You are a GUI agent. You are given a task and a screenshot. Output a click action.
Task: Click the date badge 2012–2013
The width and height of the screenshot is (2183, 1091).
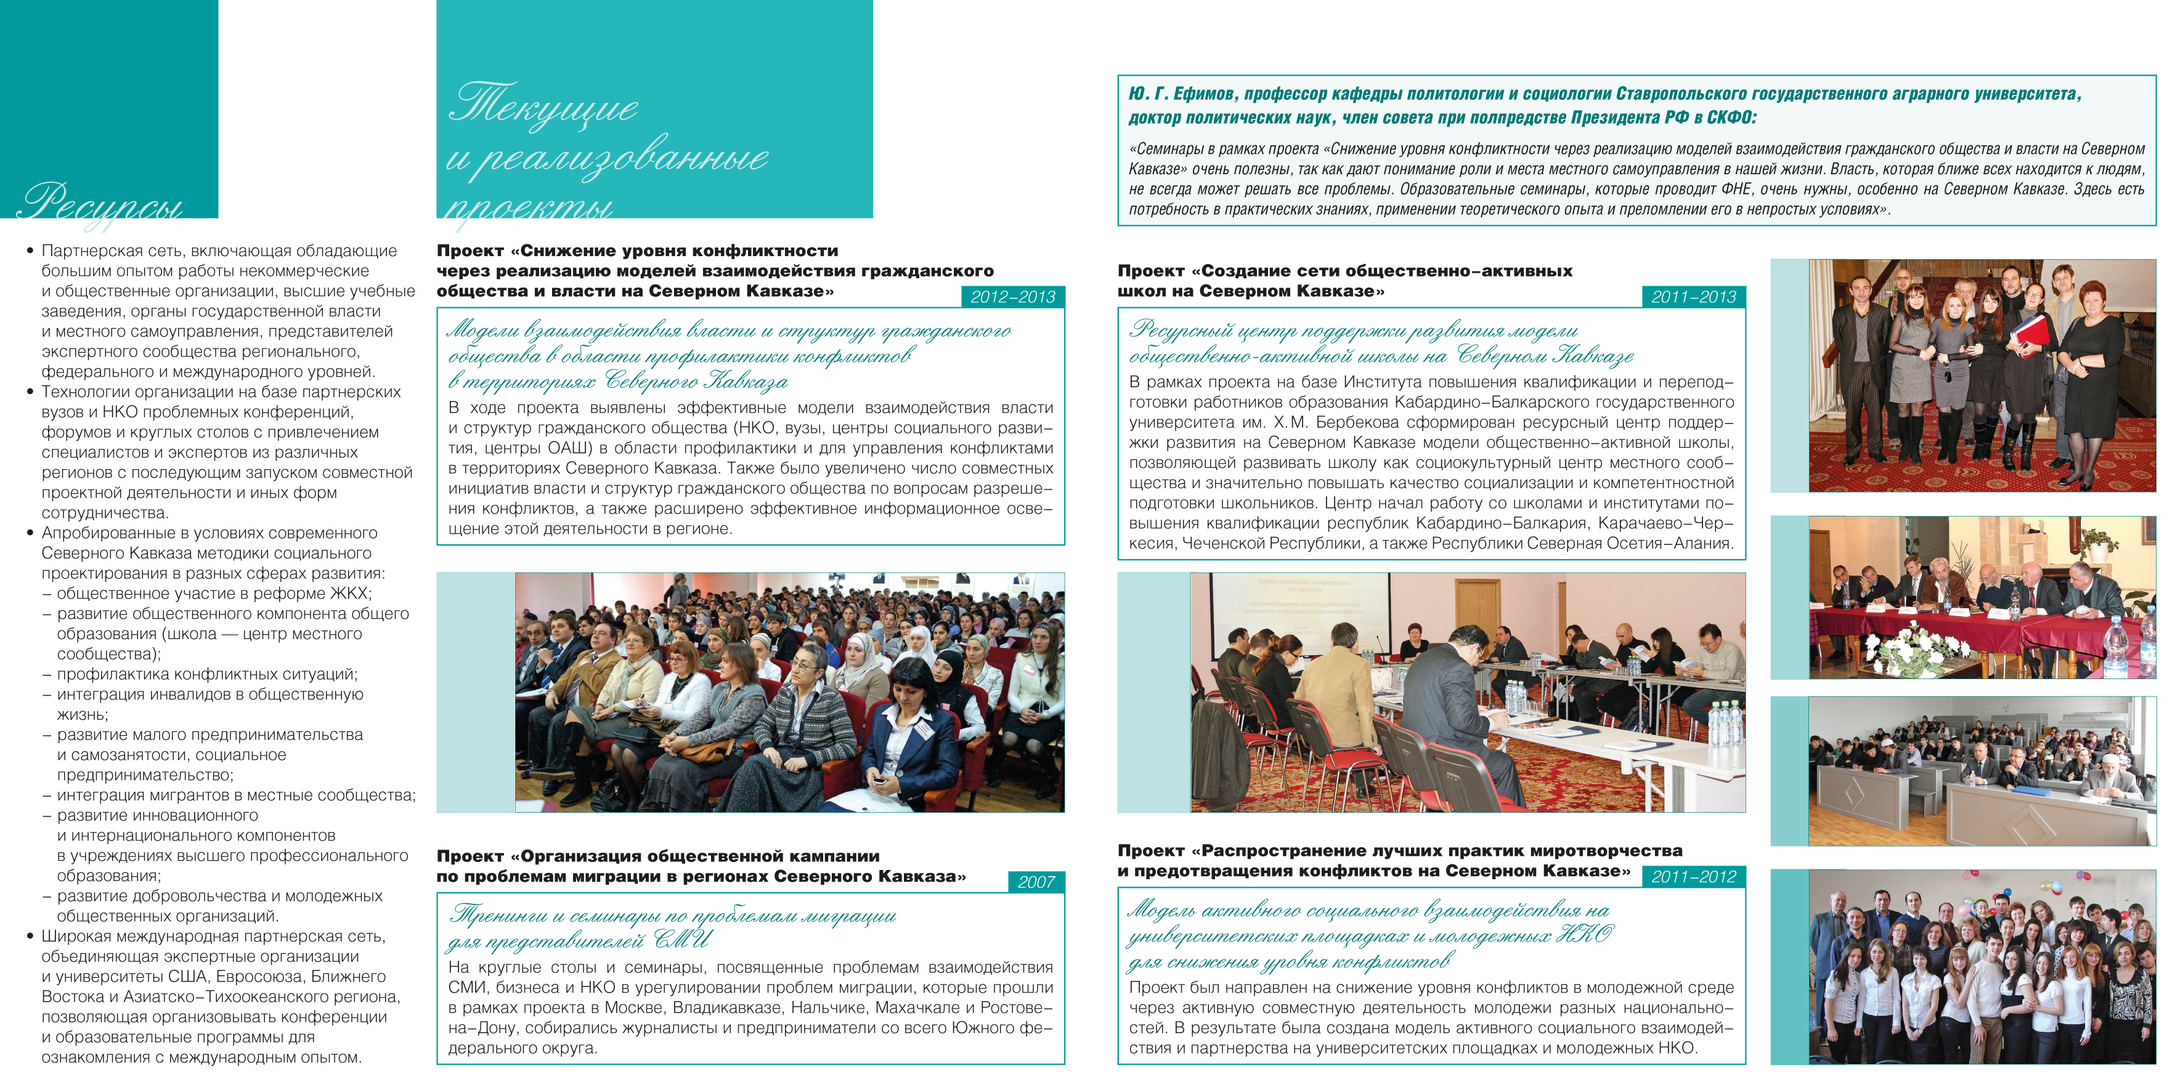point(1013,297)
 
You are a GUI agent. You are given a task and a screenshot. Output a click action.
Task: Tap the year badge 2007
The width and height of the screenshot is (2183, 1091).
point(1036,882)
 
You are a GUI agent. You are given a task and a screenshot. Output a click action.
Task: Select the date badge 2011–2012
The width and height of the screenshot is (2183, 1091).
point(1693,877)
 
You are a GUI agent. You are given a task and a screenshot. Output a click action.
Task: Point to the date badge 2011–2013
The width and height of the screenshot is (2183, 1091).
point(1693,297)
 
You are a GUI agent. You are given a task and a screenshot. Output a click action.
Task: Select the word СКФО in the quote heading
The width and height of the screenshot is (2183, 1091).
point(1729,117)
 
